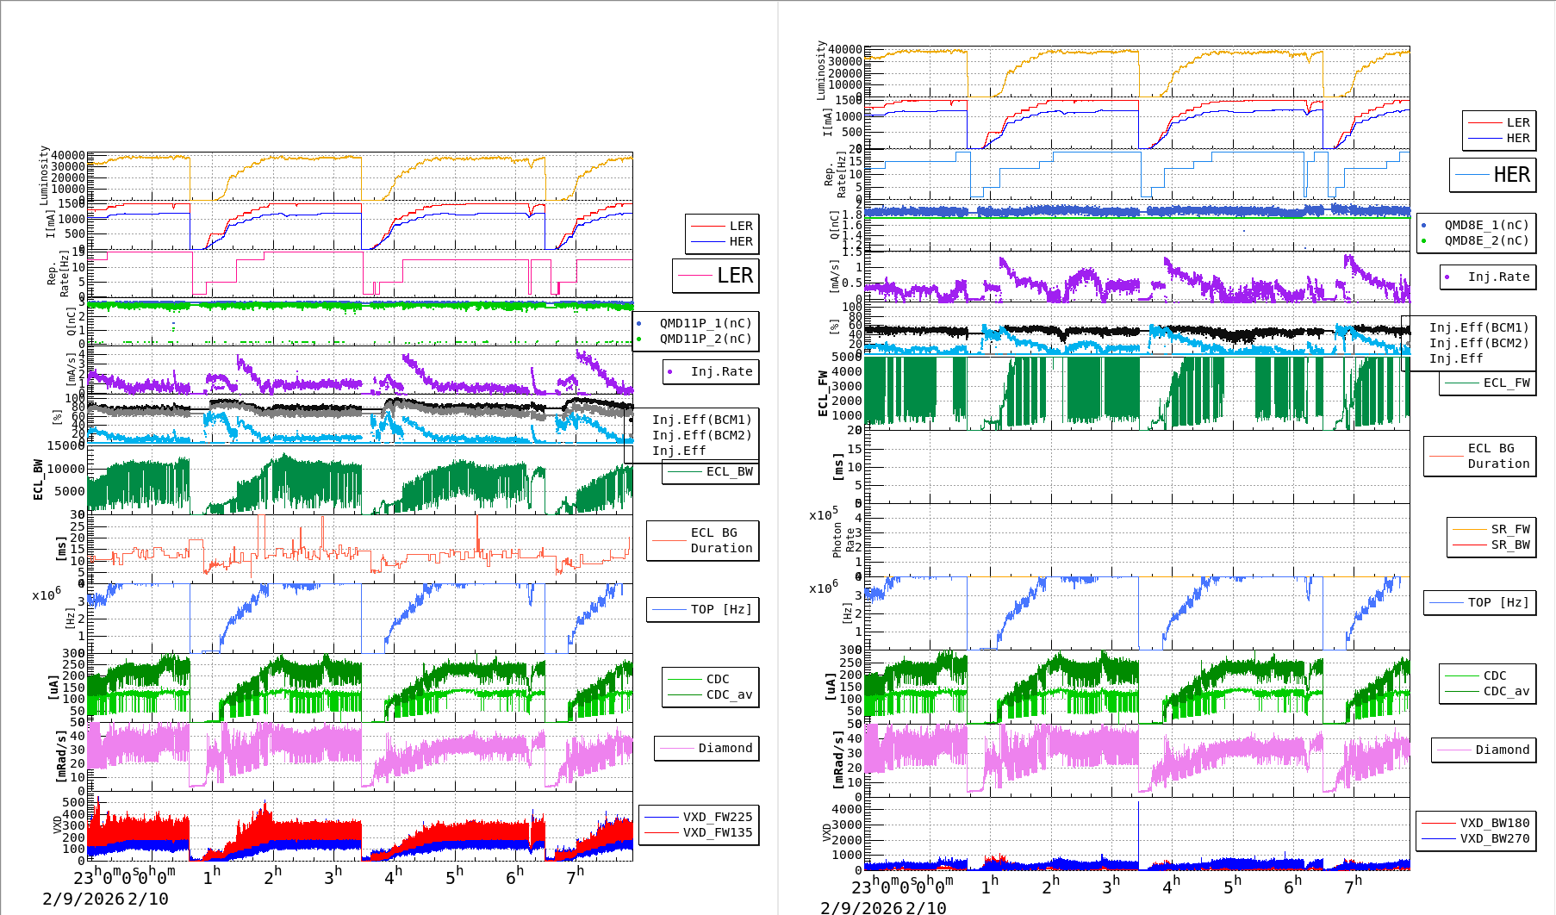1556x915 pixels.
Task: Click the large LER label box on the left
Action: [715, 276]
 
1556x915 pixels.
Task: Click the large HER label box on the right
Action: [1493, 175]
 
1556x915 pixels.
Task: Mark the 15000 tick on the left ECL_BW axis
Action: [65, 445]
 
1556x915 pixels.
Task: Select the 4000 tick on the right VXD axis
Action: [846, 809]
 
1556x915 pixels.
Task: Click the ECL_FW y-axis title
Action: [823, 393]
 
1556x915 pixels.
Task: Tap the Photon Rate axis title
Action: [843, 539]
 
